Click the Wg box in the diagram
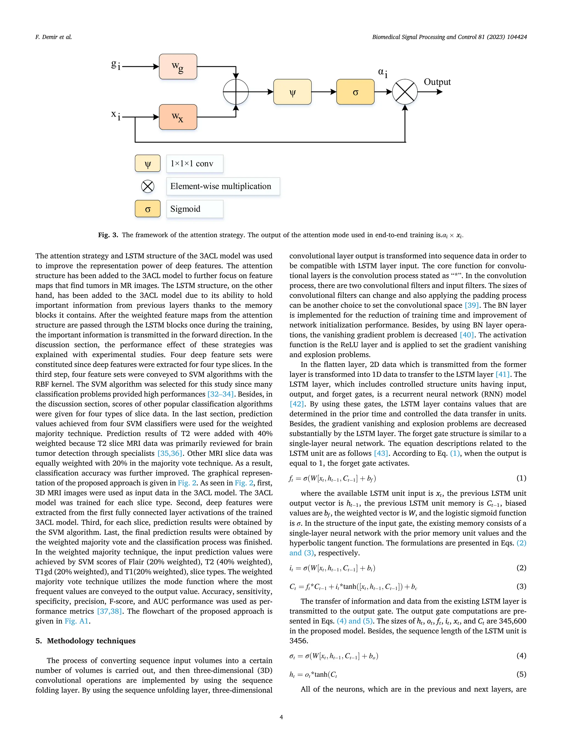[178, 67]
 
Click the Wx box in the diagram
[178, 117]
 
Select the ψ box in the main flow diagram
[292, 92]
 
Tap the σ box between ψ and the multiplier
[355, 92]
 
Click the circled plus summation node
[236, 92]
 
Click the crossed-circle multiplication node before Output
[405, 92]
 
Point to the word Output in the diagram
[437, 82]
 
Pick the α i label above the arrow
[383, 72]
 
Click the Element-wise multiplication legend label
[221, 186]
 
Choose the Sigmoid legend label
[185, 209]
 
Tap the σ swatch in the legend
[148, 209]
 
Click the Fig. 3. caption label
[108, 235]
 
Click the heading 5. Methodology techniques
[85, 641]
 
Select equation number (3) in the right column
[521, 586]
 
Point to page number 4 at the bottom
[281, 717]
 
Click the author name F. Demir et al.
[54, 37]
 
